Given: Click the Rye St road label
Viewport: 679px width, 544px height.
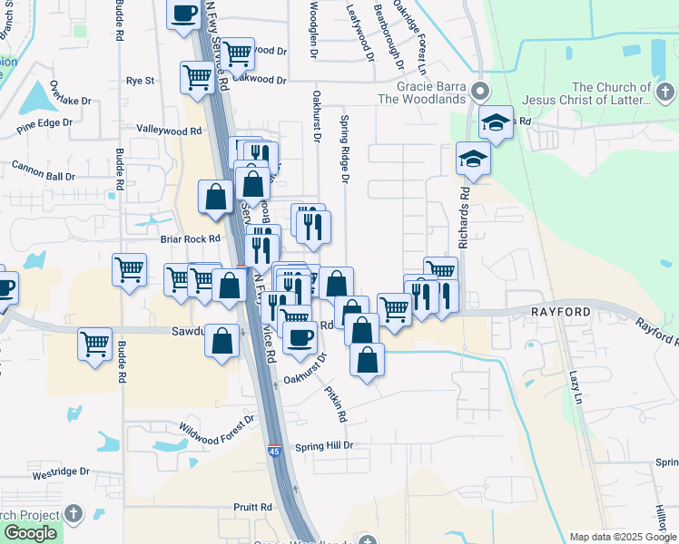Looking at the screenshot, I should click(141, 81).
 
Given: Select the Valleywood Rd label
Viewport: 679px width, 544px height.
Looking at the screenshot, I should click(168, 131).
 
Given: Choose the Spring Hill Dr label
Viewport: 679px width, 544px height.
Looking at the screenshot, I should click(323, 446).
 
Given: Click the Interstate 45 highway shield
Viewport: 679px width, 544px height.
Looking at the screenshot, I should click(274, 450).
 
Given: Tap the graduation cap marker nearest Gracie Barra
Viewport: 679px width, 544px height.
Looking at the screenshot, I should click(496, 121).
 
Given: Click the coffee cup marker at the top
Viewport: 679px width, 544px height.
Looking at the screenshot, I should click(185, 15).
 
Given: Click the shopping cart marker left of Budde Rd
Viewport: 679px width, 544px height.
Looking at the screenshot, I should click(94, 345).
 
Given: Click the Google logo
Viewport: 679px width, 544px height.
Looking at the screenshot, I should click(30, 534).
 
